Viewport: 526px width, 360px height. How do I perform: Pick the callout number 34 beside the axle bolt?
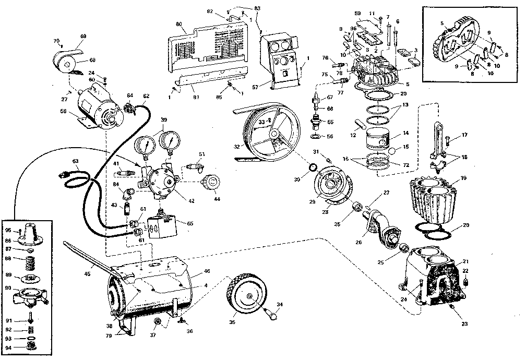(x=279, y=304)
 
